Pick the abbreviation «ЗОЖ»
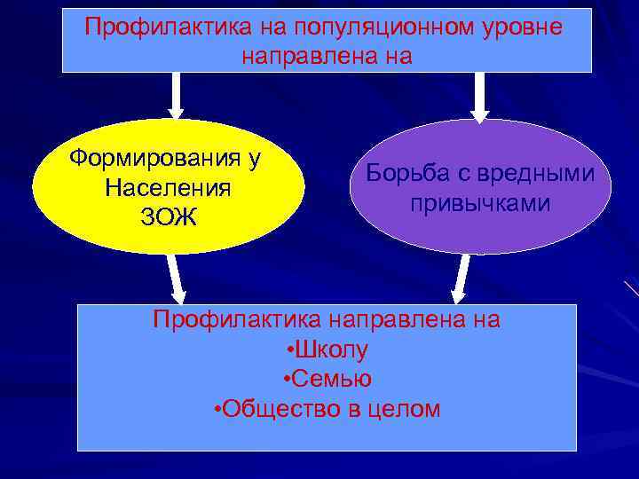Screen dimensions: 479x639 tap(168, 217)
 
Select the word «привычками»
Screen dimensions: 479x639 tap(480, 203)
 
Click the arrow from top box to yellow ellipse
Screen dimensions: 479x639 tap(176, 96)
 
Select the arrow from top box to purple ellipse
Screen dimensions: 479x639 tap(479, 96)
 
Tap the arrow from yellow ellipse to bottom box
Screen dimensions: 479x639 tap(177, 279)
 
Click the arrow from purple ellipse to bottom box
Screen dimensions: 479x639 tap(461, 279)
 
